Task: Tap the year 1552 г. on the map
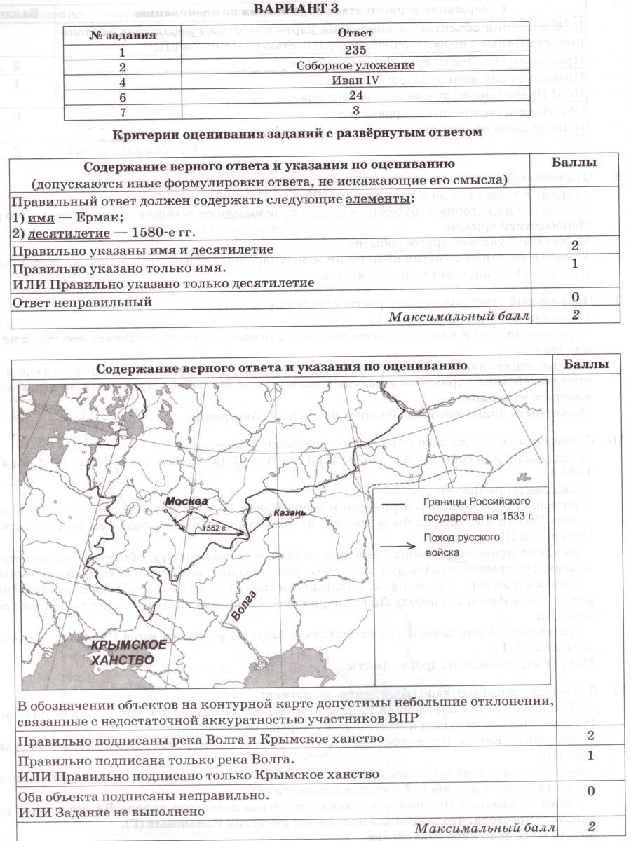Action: pos(211,528)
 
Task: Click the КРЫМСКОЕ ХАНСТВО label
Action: pos(123,652)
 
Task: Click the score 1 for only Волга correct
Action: pos(590,755)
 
